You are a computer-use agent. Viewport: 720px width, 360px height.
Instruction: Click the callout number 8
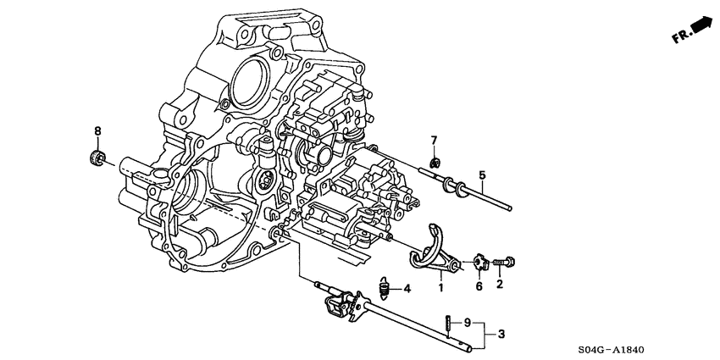[x=97, y=131]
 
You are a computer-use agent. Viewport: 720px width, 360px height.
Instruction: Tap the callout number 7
[x=433, y=140]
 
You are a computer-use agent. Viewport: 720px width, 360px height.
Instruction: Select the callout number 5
[x=482, y=176]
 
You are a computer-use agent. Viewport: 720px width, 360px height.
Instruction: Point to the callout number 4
[x=407, y=290]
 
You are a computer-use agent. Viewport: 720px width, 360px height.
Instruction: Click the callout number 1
[x=440, y=288]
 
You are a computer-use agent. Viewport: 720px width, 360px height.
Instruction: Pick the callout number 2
[x=500, y=285]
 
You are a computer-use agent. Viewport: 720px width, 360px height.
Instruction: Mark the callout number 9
[x=466, y=323]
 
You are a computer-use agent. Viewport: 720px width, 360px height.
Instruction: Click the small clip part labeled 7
[x=434, y=160]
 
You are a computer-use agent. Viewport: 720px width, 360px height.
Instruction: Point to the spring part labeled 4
[x=384, y=290]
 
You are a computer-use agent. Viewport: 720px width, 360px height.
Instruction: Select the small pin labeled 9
[x=446, y=324]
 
